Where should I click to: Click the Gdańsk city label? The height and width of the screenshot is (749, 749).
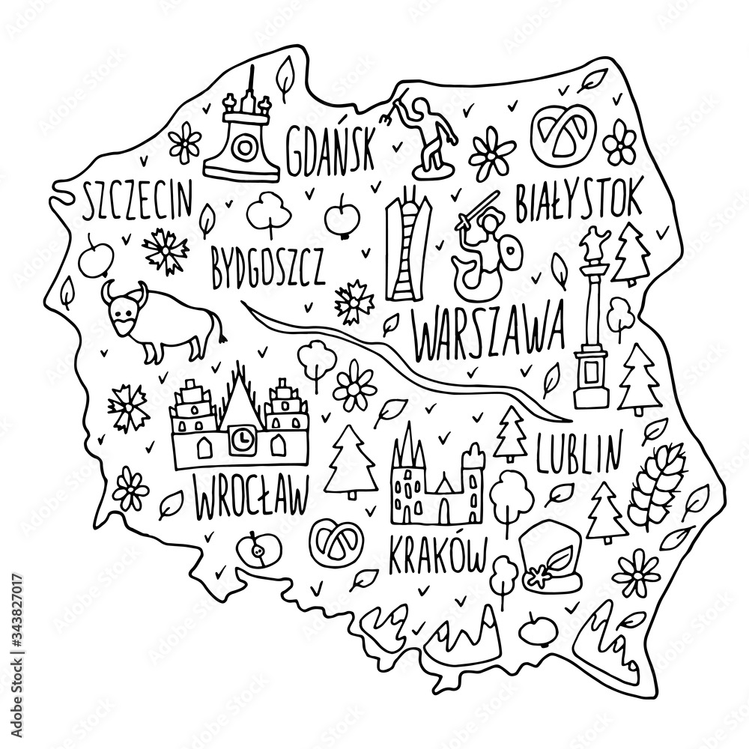(329, 148)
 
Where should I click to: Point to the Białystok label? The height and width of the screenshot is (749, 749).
(578, 201)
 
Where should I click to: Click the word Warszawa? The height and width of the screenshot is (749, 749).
(487, 334)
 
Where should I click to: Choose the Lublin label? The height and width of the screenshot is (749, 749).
(579, 449)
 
